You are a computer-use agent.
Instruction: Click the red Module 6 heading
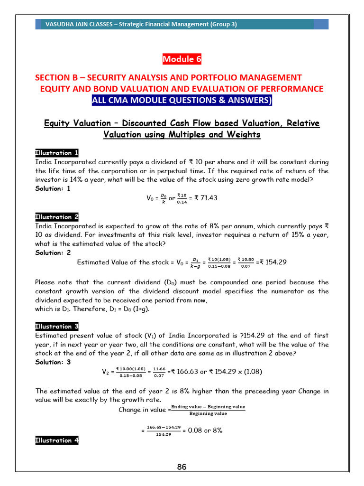click(x=182, y=59)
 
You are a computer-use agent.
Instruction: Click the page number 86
click(x=182, y=467)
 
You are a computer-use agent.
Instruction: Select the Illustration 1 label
click(x=57, y=153)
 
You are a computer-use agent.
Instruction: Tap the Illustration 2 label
click(x=57, y=217)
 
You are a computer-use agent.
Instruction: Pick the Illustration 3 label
click(x=57, y=327)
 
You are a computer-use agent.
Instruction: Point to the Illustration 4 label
click(x=57, y=440)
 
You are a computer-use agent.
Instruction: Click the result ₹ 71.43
click(x=205, y=198)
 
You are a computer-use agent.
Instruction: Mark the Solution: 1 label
click(x=53, y=188)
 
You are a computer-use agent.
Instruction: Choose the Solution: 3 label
click(x=53, y=362)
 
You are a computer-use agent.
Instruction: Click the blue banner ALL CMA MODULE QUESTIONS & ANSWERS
click(x=182, y=101)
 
